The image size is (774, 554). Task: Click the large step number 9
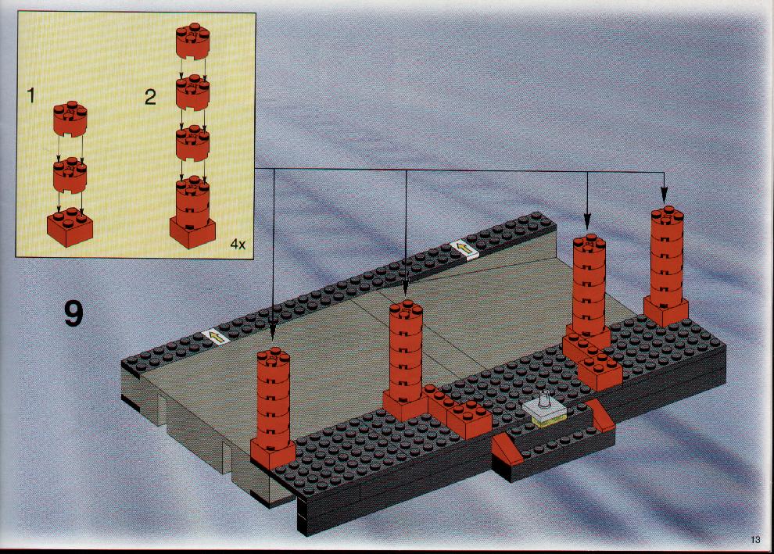click(x=73, y=314)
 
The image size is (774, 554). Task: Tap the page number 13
click(x=755, y=539)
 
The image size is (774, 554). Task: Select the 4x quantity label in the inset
click(x=238, y=244)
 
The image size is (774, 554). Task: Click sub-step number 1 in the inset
click(x=31, y=95)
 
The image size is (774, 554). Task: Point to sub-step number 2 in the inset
click(x=151, y=97)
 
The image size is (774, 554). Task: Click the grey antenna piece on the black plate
click(x=544, y=407)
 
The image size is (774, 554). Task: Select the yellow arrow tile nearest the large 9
click(x=216, y=338)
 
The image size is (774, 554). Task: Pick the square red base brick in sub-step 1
click(x=70, y=227)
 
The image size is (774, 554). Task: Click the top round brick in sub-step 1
click(x=70, y=119)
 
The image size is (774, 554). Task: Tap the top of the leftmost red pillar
click(x=273, y=356)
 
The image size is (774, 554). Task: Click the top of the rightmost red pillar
click(x=667, y=215)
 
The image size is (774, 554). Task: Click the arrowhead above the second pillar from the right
click(x=587, y=220)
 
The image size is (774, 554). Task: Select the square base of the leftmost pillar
click(x=273, y=454)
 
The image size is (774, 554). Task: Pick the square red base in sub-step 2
click(x=192, y=231)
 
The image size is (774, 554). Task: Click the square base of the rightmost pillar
click(x=666, y=311)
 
